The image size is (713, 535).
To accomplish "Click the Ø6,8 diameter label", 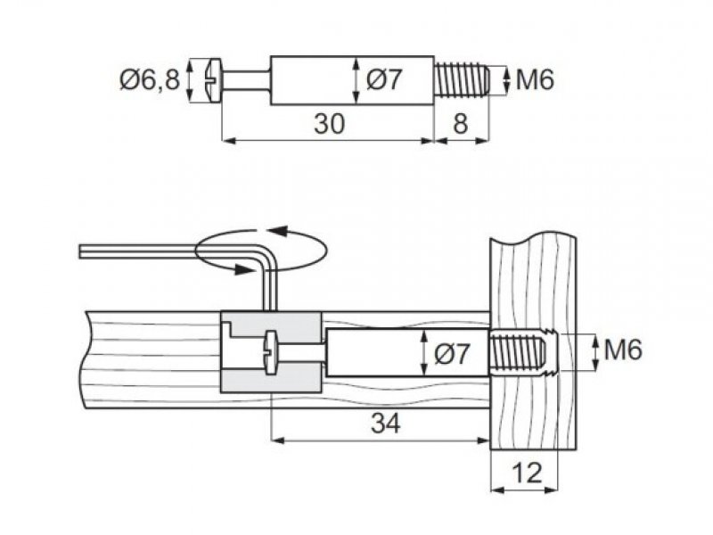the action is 150,80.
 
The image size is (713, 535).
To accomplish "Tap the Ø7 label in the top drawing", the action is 384,80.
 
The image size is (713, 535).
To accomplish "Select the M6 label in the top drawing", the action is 535,80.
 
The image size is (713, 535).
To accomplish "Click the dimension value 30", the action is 330,124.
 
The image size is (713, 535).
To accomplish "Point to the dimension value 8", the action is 460,124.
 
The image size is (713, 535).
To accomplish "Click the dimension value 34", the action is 386,423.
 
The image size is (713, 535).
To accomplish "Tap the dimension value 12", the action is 527,473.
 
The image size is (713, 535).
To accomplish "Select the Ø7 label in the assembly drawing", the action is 451,353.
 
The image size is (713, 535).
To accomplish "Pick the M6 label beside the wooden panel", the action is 623,350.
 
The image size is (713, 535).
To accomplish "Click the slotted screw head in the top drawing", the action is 212,80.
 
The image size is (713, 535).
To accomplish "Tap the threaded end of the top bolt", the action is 461,80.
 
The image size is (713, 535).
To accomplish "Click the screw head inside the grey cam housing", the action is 270,353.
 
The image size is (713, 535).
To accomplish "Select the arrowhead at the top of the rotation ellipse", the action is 277,231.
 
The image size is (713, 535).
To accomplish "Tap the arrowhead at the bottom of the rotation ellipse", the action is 244,269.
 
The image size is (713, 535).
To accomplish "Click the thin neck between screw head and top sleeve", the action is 246,80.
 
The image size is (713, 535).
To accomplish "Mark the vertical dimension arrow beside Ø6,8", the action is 191,80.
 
